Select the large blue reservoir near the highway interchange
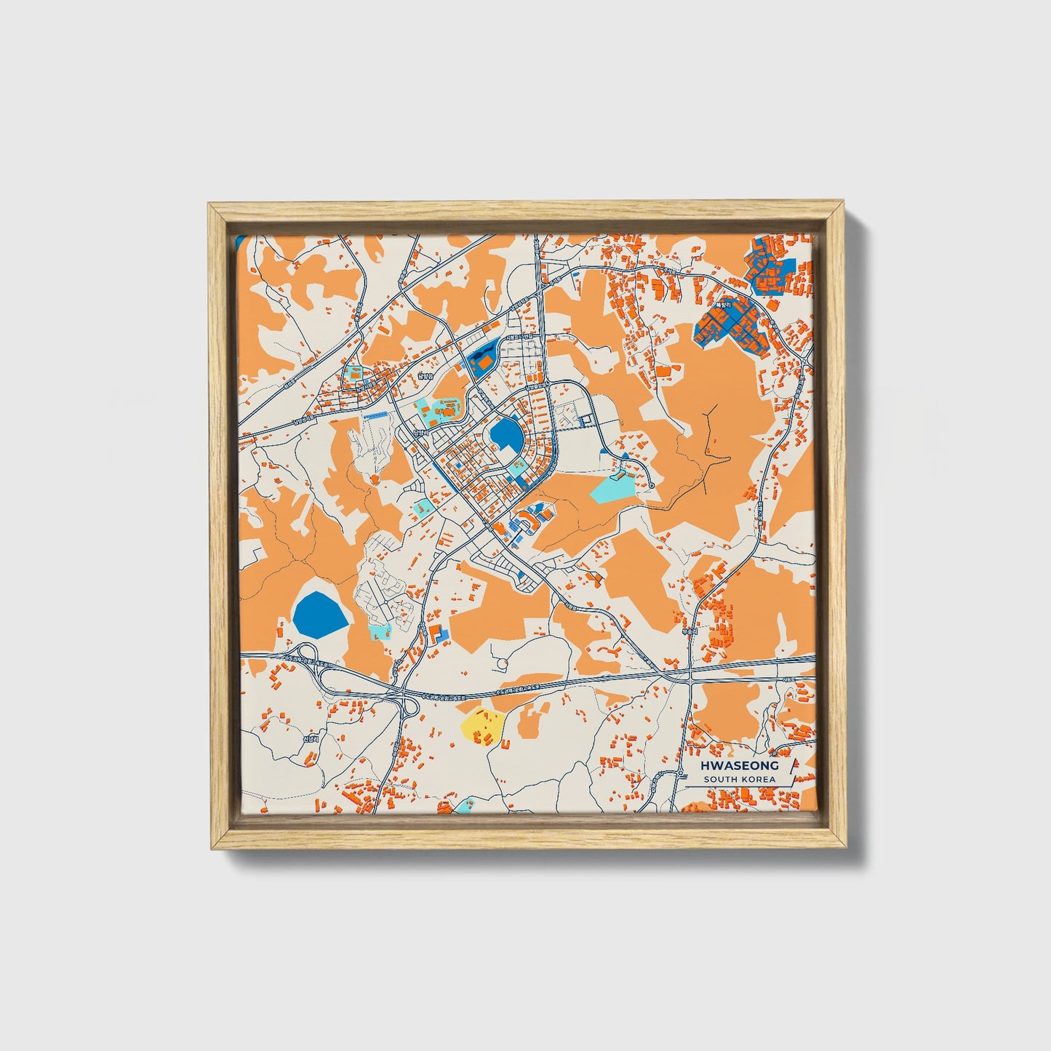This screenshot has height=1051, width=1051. [x=321, y=613]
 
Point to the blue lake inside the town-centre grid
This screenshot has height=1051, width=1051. [x=507, y=436]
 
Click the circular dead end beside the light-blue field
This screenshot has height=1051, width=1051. [x=652, y=485]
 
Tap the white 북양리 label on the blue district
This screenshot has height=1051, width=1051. [x=722, y=307]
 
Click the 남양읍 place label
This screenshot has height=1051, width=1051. [x=425, y=377]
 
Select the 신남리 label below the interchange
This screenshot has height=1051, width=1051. [x=310, y=738]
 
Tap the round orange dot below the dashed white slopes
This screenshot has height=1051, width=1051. [x=374, y=479]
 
